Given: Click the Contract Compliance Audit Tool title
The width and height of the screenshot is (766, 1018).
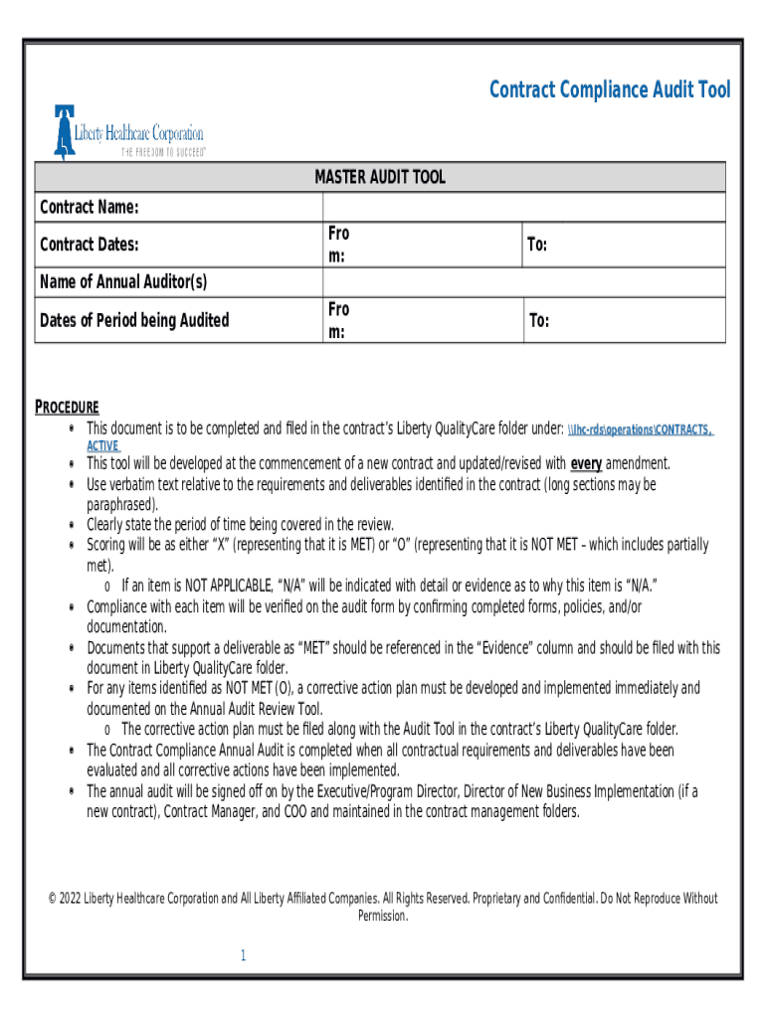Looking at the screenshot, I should (x=609, y=90).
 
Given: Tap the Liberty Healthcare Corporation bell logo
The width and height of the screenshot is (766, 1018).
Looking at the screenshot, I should (x=65, y=131).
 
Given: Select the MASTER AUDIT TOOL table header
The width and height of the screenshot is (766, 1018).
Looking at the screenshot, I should (x=380, y=177).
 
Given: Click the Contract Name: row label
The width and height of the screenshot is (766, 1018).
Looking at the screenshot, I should (x=89, y=207).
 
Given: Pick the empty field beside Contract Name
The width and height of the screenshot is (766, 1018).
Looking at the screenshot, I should (x=523, y=207).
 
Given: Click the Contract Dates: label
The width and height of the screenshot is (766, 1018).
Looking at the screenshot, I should (x=89, y=245).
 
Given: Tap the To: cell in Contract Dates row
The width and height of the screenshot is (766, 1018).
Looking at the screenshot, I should (x=538, y=245).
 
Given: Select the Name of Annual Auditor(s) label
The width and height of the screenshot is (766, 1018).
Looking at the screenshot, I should (x=122, y=282).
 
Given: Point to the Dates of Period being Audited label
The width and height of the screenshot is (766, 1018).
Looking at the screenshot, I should (x=133, y=320).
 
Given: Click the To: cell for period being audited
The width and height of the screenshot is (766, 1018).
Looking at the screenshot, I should (x=538, y=320).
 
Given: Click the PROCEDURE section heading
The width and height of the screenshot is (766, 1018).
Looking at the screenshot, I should (x=67, y=408).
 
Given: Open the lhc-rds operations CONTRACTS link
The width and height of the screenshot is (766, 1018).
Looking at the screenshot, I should (x=640, y=429).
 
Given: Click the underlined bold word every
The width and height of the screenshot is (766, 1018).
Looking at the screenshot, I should (x=585, y=463).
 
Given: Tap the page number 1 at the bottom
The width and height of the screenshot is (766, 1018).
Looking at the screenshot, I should (x=242, y=955).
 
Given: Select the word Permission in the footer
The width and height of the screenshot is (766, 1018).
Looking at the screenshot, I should (x=382, y=916).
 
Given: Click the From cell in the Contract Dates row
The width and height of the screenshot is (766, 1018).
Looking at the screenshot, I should (x=338, y=245).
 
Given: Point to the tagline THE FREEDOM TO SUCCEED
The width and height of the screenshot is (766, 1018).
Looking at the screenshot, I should (x=163, y=153).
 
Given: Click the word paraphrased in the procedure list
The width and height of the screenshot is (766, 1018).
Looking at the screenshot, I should (x=121, y=504).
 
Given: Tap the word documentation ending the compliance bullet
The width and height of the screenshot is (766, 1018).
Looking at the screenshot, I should (x=126, y=627).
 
